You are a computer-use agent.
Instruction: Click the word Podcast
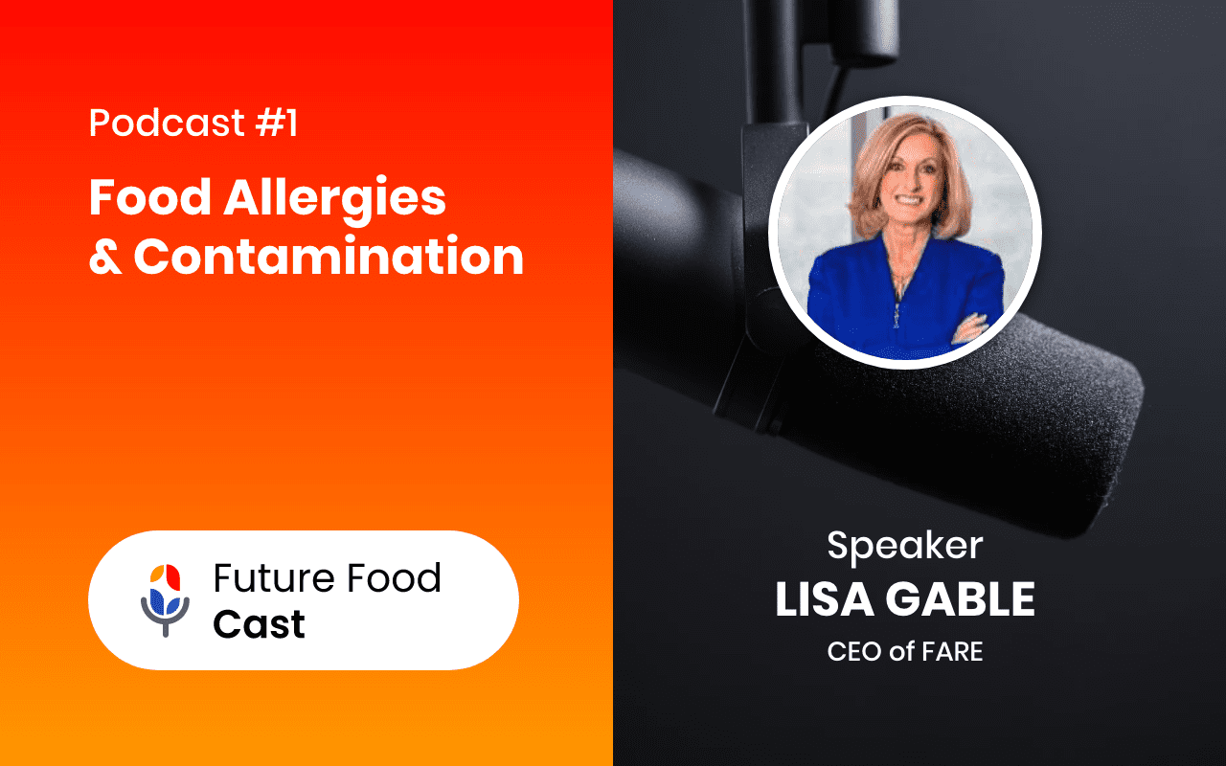point(154,124)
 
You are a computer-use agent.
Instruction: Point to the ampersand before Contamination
point(104,257)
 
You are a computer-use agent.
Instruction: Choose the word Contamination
point(329,257)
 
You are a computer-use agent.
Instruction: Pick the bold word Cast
point(259,624)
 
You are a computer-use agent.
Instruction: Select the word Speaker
point(904,546)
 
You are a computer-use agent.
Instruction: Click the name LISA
point(825,599)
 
